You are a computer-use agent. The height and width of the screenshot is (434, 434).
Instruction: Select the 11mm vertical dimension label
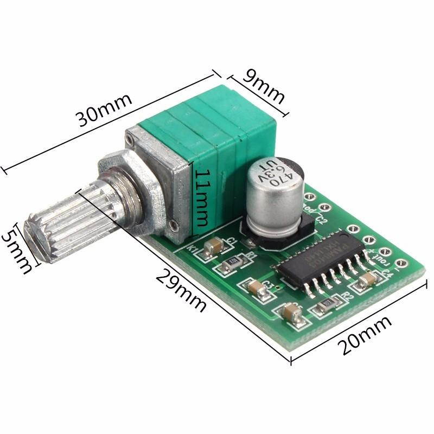202,198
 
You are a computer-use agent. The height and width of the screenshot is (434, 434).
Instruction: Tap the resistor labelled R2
326,306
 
